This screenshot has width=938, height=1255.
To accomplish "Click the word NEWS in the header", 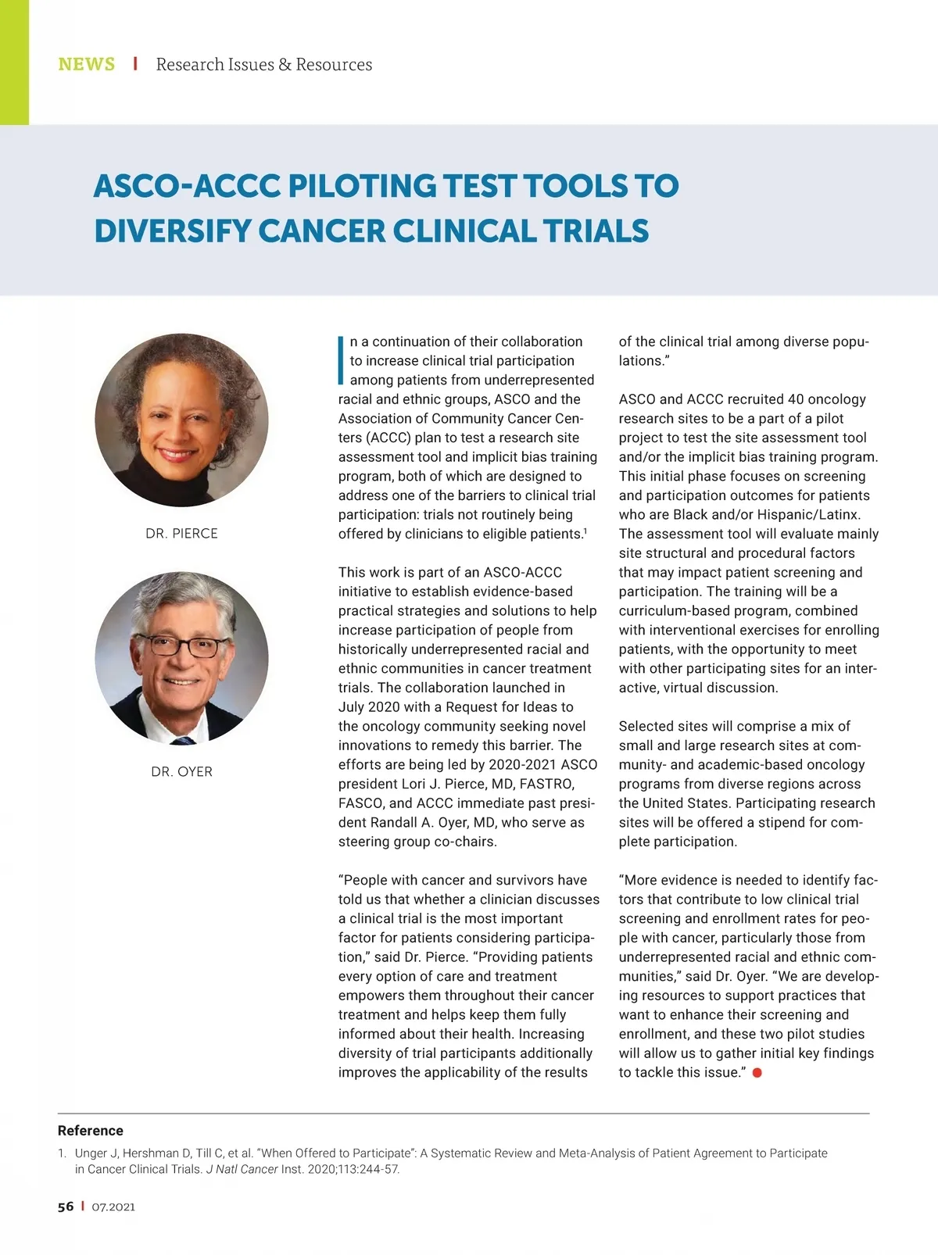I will pyautogui.click(x=86, y=64).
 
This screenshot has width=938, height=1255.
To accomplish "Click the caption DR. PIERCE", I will pyautogui.click(x=181, y=534).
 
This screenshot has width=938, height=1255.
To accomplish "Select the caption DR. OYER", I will pyautogui.click(x=181, y=772).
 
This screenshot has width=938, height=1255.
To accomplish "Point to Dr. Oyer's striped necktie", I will pyautogui.click(x=184, y=738).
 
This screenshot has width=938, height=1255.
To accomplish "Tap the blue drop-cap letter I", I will pyautogui.click(x=341, y=360).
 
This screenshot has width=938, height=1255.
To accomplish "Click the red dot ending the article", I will pyautogui.click(x=757, y=1073).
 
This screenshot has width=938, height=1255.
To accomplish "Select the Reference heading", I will pyautogui.click(x=91, y=1131).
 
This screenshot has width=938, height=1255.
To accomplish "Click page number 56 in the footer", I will pyautogui.click(x=66, y=1207).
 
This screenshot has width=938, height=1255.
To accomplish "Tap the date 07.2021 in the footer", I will pyautogui.click(x=113, y=1207).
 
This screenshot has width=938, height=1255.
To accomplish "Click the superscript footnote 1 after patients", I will pyautogui.click(x=585, y=531).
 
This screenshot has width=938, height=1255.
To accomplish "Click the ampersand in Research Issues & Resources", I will pyautogui.click(x=285, y=65).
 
